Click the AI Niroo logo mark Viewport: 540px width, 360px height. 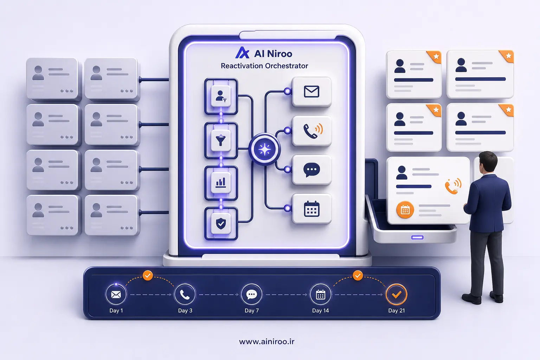(x=242, y=53)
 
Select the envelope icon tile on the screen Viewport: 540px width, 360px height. (x=311, y=92)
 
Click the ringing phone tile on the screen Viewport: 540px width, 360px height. (x=311, y=131)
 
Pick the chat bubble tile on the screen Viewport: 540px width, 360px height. (x=311, y=170)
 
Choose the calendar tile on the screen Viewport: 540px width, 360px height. (x=311, y=208)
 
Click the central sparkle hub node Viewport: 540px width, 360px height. (x=264, y=149)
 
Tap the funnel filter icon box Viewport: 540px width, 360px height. (x=221, y=140)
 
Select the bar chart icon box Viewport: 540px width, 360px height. (x=221, y=183)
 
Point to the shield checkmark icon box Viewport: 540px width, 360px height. (x=221, y=224)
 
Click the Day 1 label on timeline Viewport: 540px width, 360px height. (x=116, y=310)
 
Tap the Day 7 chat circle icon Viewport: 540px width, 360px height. (x=251, y=294)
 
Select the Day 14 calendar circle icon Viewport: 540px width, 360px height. (x=320, y=294)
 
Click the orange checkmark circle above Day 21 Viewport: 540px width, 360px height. (x=396, y=294)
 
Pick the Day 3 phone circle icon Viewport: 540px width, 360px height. (x=185, y=294)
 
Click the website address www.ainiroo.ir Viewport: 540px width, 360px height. (x=267, y=341)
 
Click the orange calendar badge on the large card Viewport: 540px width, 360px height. (x=405, y=210)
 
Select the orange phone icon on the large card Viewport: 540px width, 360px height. (x=453, y=186)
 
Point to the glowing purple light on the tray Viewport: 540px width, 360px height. (x=417, y=238)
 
